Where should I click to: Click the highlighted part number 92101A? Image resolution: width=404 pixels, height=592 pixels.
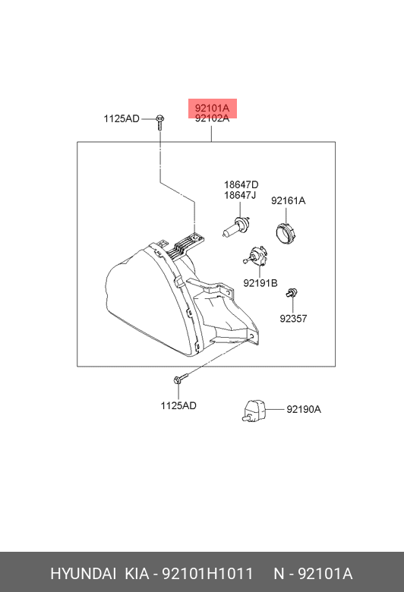212,109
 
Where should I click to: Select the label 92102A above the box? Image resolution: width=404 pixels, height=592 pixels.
212,118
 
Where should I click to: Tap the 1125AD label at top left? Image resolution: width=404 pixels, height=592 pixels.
122,118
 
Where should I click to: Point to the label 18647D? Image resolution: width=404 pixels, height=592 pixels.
241,184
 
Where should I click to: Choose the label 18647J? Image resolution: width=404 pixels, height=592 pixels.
240,195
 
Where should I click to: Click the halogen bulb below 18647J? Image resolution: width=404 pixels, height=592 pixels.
236,227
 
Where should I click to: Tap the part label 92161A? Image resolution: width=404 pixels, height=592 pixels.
288,200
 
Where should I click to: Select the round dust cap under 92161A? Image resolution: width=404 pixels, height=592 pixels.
286,233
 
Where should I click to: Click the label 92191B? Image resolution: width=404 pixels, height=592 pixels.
260,283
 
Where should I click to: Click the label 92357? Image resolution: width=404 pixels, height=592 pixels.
293,318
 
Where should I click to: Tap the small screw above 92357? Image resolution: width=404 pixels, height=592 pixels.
292,293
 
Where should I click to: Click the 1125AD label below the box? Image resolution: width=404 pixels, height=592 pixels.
178,405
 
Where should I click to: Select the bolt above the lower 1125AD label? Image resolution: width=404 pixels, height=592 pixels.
181,379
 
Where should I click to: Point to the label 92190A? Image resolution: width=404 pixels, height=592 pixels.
304,409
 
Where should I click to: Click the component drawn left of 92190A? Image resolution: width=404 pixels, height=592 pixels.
254,411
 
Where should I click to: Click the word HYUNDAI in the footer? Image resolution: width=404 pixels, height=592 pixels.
83,574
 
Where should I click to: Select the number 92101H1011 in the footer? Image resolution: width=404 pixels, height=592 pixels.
207,574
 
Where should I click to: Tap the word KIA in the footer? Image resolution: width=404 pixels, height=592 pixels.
137,574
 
